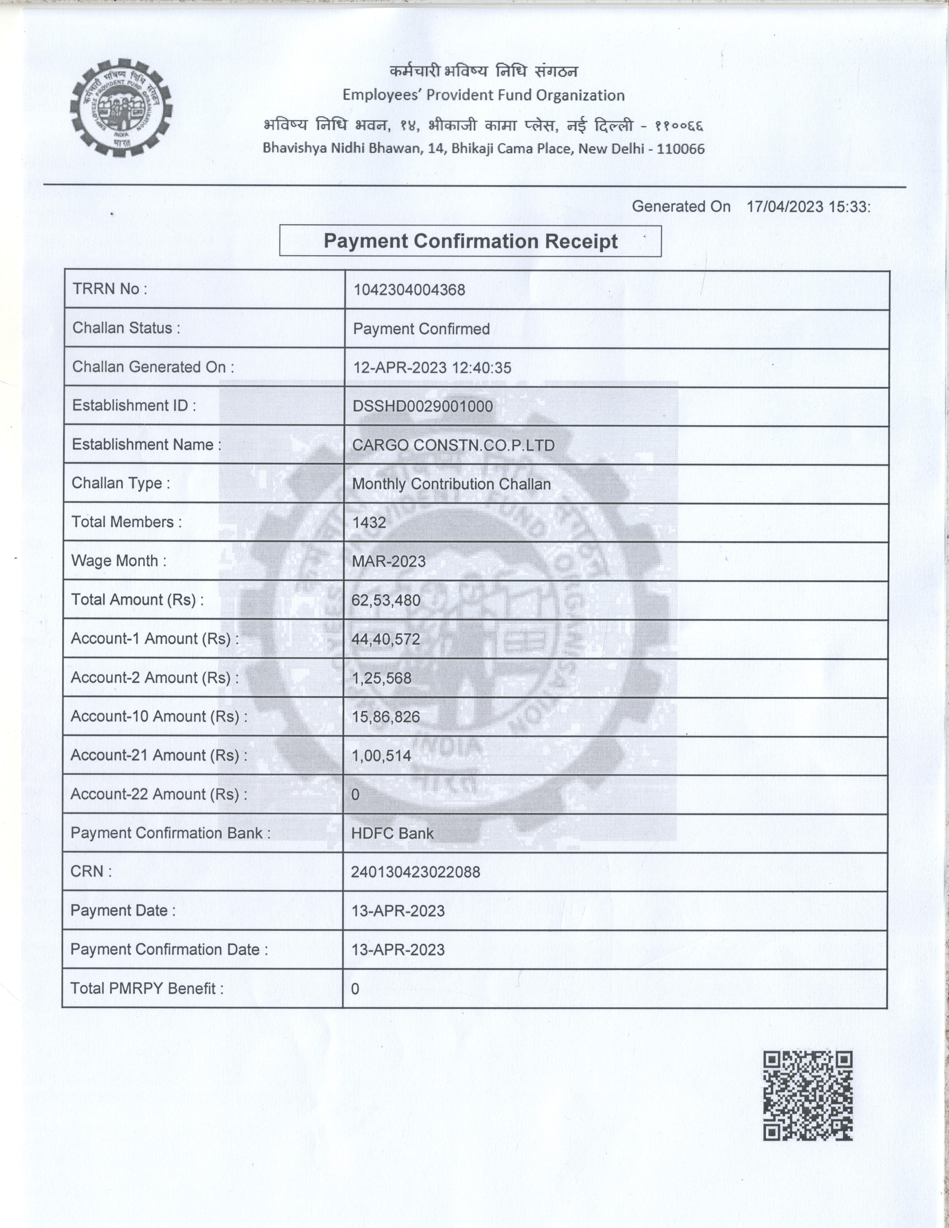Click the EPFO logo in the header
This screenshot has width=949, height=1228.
point(121,108)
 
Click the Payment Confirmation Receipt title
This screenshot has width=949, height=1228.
point(470,241)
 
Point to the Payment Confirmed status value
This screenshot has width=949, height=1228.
point(421,329)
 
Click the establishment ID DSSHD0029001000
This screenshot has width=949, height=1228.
point(422,406)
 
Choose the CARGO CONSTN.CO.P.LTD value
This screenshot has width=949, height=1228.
point(453,445)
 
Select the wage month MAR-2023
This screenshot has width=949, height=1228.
point(389,562)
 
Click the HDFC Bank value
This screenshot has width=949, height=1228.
point(392,833)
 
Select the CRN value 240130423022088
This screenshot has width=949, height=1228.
point(415,872)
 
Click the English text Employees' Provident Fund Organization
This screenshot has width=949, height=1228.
point(483,95)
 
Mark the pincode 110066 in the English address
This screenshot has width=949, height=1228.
point(680,149)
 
